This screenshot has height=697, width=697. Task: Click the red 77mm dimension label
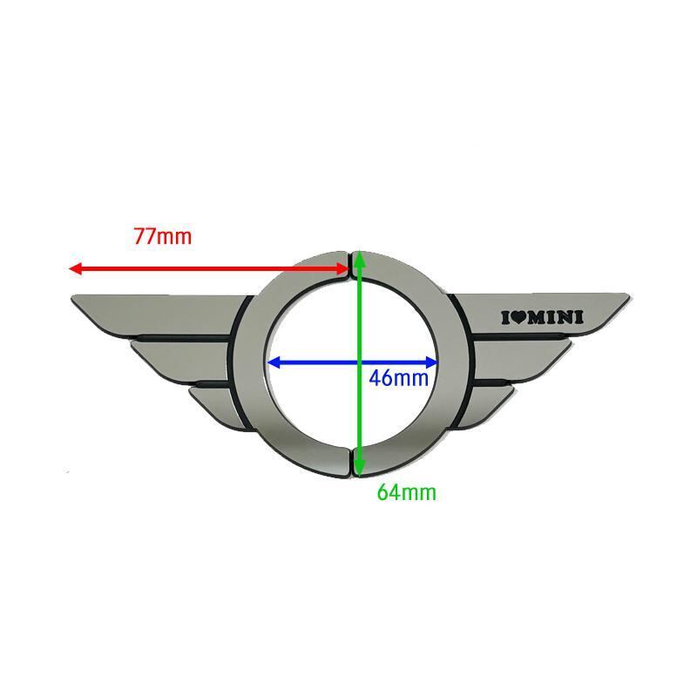pos(162,235)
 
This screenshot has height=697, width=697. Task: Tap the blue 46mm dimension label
pos(399,378)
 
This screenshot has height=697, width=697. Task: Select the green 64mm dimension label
pos(406,492)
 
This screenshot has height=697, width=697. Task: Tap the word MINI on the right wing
pos(555,317)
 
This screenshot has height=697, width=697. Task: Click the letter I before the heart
pos(505,317)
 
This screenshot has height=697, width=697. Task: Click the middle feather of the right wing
pos(523,357)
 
